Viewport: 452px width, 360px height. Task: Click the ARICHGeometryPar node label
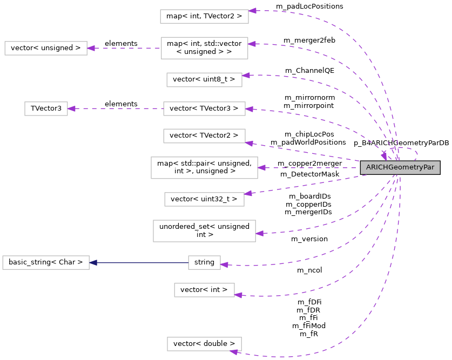[400, 167]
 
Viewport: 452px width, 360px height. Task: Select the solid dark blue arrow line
[140, 263]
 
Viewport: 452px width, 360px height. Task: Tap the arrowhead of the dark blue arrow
[93, 263]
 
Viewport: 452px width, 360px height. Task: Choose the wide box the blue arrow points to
[46, 263]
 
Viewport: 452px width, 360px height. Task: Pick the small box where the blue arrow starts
[204, 263]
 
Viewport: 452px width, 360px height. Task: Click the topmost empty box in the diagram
[204, 16]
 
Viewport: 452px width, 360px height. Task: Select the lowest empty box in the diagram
[204, 344]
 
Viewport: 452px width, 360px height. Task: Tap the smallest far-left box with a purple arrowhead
[46, 108]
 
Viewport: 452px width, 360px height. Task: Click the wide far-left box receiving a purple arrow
[46, 48]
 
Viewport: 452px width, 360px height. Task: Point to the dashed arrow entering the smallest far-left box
[116, 108]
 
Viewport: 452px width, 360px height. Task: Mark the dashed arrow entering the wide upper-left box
[124, 48]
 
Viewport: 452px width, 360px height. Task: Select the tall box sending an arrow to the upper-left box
[204, 48]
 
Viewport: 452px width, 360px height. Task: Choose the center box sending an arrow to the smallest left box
[204, 108]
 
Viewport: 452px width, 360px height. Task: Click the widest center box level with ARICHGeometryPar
[204, 168]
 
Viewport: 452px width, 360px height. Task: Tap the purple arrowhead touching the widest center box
[262, 168]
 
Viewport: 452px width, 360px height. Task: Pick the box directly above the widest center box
[204, 136]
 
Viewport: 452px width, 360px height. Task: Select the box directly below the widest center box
[204, 199]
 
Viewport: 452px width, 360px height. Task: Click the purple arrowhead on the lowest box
[234, 352]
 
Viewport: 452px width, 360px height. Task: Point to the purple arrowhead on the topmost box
[252, 11]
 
